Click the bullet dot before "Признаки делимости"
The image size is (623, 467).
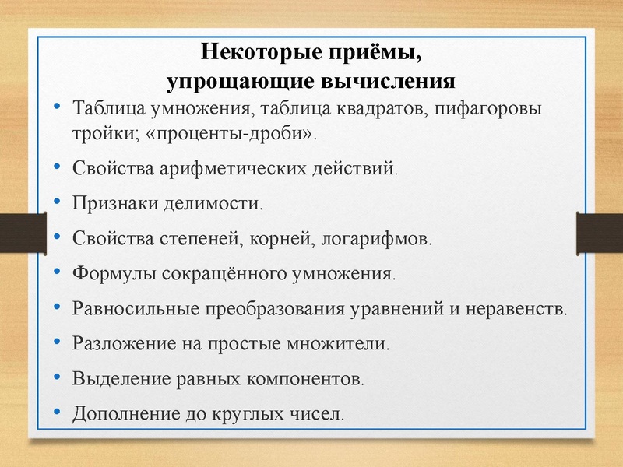coord(58,202)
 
